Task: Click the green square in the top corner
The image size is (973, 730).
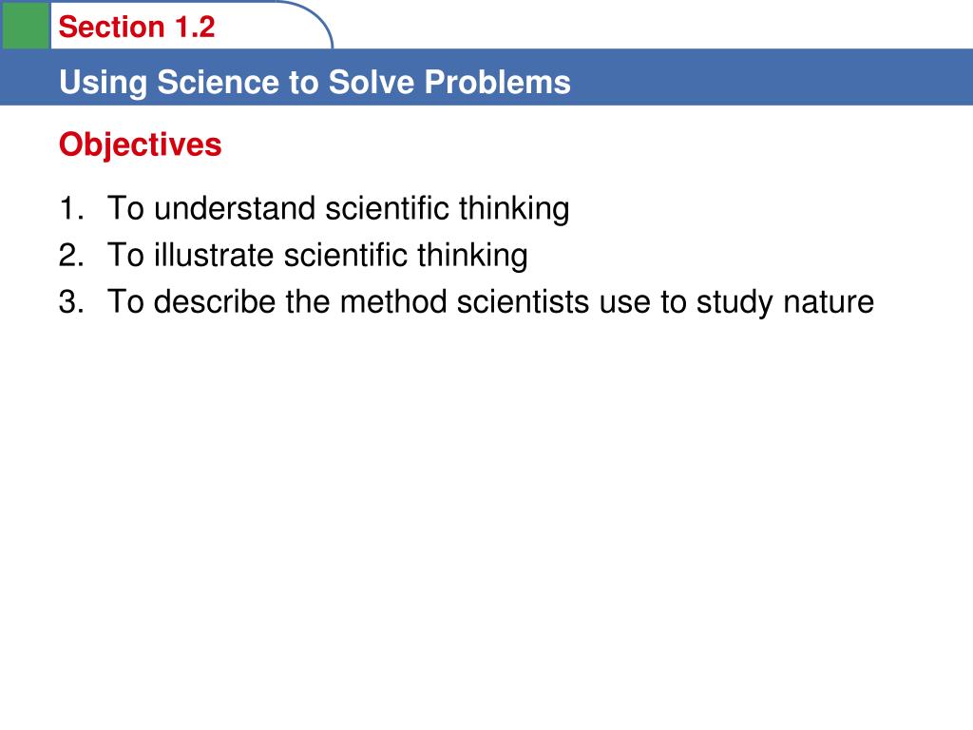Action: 25,25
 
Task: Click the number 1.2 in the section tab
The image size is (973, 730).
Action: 195,28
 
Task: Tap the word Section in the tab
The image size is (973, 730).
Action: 111,28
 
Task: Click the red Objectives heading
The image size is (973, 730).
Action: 140,145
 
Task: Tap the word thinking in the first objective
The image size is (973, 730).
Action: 514,208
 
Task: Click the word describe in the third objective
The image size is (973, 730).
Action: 216,302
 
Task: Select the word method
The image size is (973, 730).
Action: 393,302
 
